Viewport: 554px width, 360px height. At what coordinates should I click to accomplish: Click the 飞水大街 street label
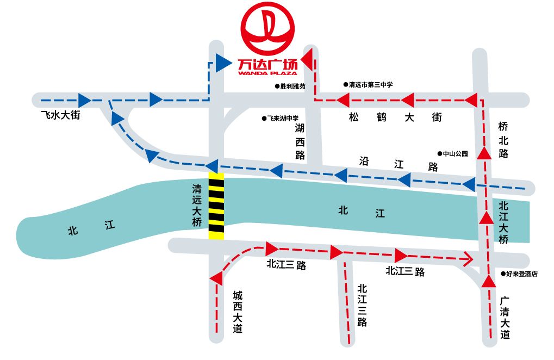pyautogui.click(x=60, y=115)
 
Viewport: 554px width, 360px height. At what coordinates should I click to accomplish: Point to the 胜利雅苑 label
pyautogui.click(x=293, y=86)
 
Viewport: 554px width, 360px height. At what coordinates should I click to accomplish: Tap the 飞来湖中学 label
pyautogui.click(x=283, y=118)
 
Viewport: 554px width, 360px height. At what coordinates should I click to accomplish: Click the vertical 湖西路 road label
pyautogui.click(x=300, y=141)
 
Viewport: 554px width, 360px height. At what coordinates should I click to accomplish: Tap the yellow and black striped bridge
pyautogui.click(x=216, y=205)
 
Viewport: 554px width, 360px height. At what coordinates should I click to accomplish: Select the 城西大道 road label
pyautogui.click(x=238, y=312)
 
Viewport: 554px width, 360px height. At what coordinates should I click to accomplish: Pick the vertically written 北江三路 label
pyautogui.click(x=362, y=305)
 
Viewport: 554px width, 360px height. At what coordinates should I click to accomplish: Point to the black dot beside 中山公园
pyautogui.click(x=440, y=154)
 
